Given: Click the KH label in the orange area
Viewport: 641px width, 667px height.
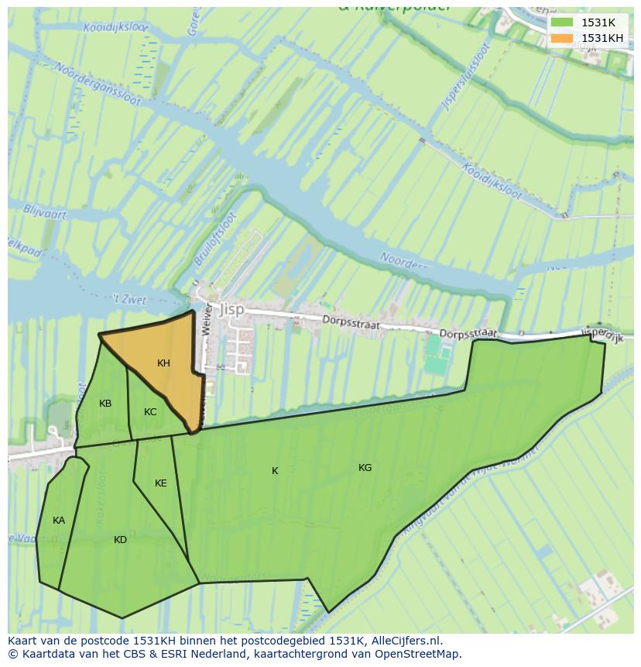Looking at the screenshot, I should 163,363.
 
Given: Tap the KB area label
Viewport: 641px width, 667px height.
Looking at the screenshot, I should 105,404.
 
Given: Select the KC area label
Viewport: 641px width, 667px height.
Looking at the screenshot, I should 150,412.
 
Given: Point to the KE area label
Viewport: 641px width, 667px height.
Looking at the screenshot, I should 160,483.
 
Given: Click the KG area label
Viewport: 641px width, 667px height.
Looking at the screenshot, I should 365,468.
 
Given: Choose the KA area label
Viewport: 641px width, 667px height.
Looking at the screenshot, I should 59,521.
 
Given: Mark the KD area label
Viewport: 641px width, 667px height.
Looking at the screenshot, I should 120,540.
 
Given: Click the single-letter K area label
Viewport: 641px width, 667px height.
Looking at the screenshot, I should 275,471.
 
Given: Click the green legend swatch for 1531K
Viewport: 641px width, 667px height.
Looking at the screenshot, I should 563,22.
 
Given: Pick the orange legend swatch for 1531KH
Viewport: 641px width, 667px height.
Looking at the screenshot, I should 563,38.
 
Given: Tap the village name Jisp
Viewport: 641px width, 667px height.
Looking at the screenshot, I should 231,309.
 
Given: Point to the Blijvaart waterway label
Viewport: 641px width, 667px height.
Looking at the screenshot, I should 45,213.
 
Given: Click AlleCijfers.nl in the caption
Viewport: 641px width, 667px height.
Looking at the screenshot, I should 403,641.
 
